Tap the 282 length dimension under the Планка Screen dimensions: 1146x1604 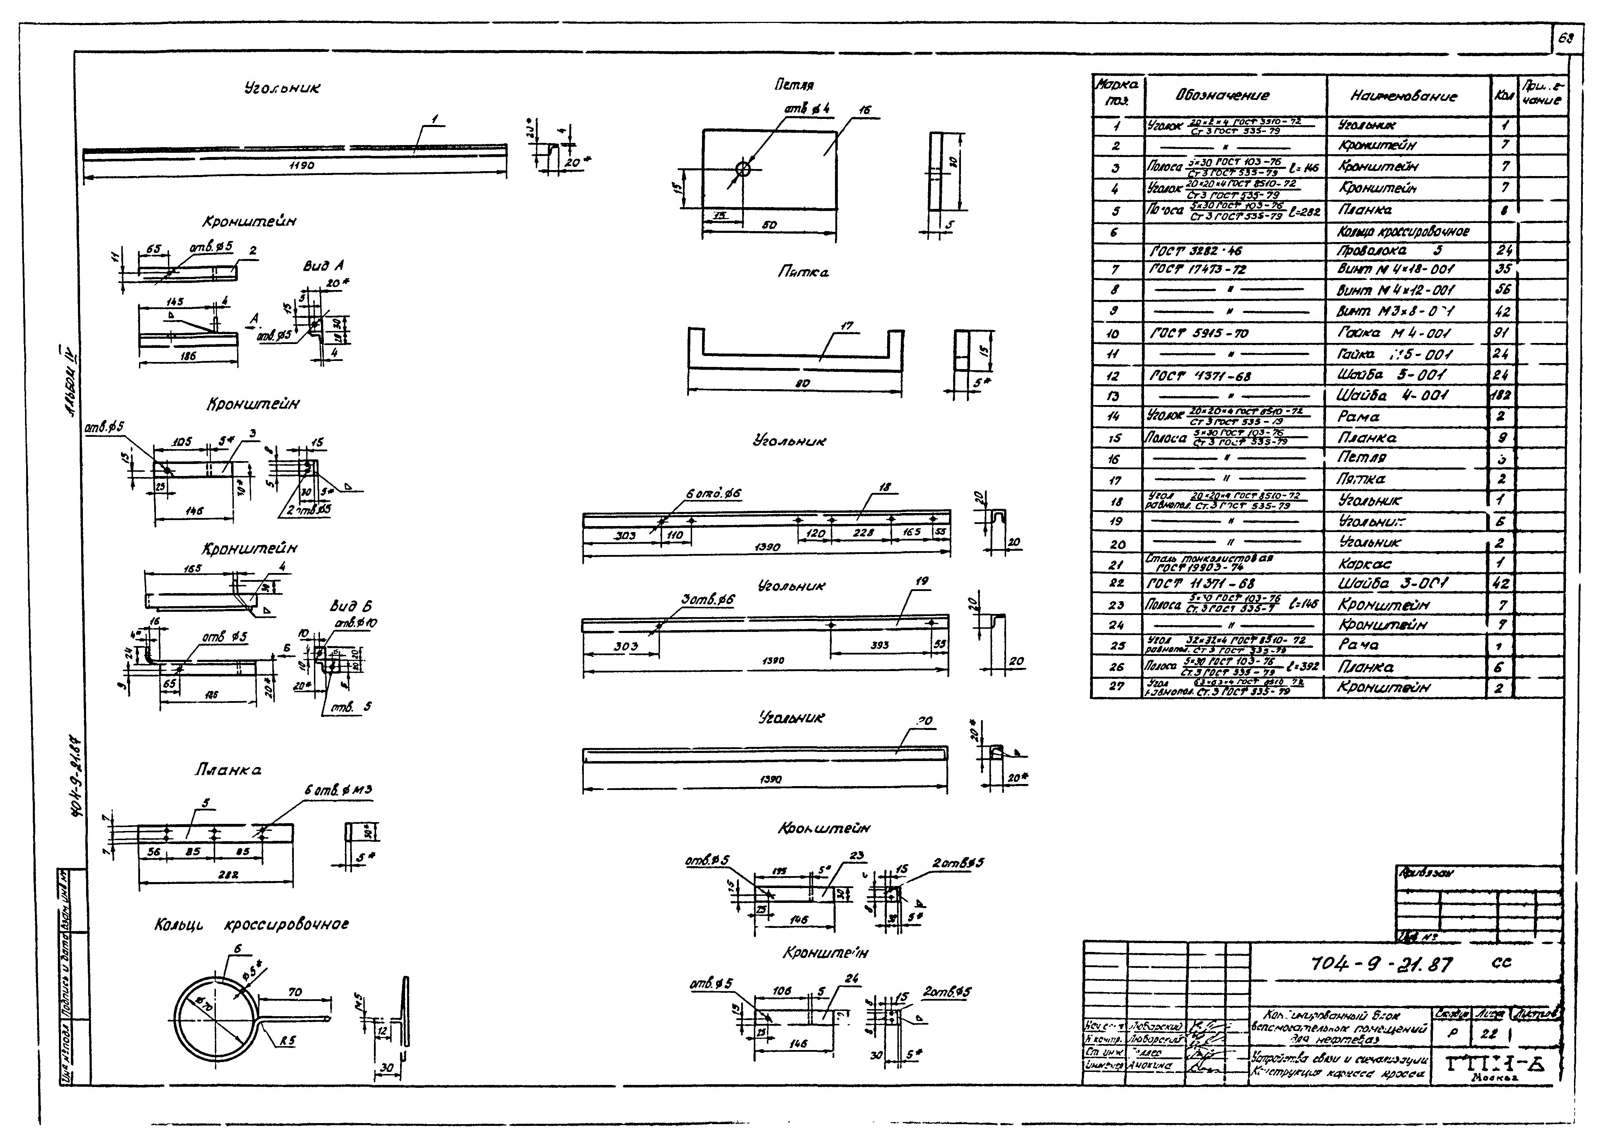coord(228,874)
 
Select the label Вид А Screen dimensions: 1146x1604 coord(323,266)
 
